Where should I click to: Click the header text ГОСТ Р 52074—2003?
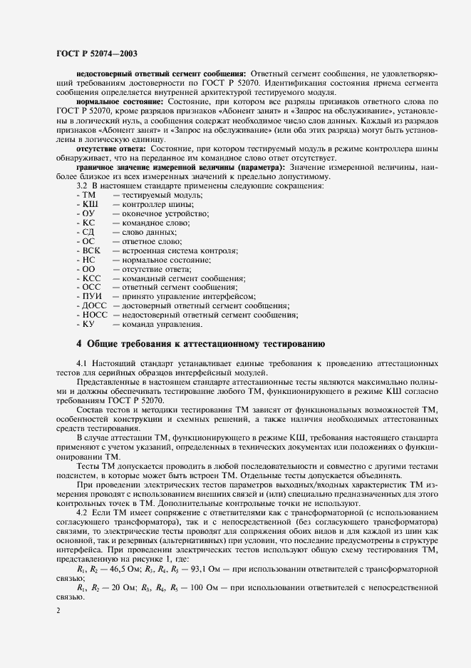[x=96, y=54]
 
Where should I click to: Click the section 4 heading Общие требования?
[x=201, y=343]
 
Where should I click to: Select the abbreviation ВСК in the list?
[x=92, y=251]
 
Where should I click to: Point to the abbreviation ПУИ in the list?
[x=93, y=296]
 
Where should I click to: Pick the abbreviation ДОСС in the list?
[x=95, y=305]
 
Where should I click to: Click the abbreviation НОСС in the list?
[x=95, y=315]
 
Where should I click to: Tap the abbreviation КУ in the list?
[x=89, y=324]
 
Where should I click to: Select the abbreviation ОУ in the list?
[x=89, y=213]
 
